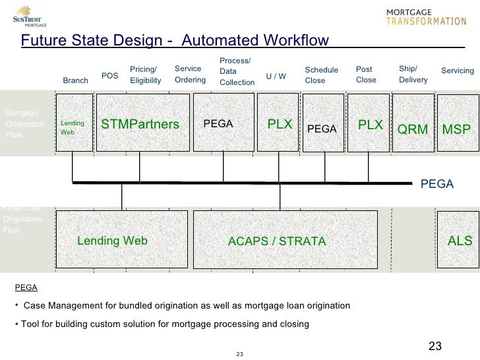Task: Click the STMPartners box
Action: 140,124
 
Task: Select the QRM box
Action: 412,125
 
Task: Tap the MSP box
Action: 456,125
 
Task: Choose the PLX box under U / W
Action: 280,124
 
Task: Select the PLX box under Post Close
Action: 369,124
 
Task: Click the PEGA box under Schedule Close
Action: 322,125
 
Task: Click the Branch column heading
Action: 75,80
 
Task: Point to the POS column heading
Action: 109,76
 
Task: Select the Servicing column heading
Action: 457,71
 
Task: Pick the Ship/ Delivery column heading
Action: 413,75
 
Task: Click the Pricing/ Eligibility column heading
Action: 146,75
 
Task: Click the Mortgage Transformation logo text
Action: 425,16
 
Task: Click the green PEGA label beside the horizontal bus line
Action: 437,184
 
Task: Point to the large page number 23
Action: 435,346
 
